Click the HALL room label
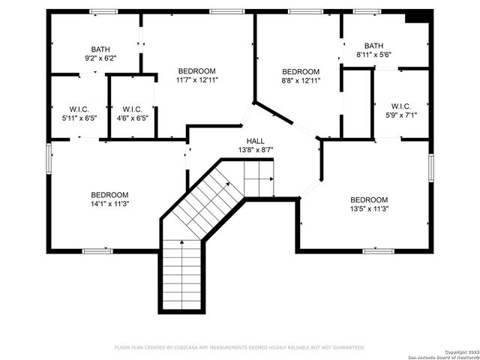tap(255, 141)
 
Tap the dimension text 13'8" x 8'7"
tap(255, 150)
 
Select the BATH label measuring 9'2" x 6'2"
tap(100, 49)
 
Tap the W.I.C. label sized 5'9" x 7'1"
tap(400, 106)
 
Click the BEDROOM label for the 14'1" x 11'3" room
tap(110, 194)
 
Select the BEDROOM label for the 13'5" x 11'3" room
tap(369, 199)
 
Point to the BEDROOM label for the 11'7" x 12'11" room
tap(196, 70)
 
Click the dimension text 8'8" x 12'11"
tap(300, 80)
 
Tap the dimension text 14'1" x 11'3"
tap(110, 203)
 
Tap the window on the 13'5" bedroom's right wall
tap(431, 168)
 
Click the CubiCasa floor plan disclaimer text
tap(239, 347)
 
